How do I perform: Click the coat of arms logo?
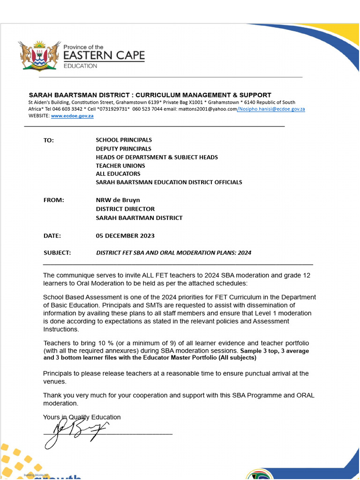40,55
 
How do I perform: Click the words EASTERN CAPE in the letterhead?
104,56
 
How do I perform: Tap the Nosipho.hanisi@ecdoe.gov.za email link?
272,109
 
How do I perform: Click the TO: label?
49,140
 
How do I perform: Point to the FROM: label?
53,200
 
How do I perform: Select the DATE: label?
52,236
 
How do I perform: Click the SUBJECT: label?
57,253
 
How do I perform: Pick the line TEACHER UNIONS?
120,165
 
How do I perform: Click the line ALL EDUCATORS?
118,174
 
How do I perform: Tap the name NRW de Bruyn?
118,200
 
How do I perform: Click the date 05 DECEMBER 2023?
125,236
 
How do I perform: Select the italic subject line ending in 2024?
173,253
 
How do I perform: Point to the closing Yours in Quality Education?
82,417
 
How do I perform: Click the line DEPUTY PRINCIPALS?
123,149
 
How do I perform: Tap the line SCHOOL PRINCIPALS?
124,140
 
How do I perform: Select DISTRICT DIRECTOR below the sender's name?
125,209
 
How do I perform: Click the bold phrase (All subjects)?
236,358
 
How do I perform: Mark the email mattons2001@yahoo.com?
208,109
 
